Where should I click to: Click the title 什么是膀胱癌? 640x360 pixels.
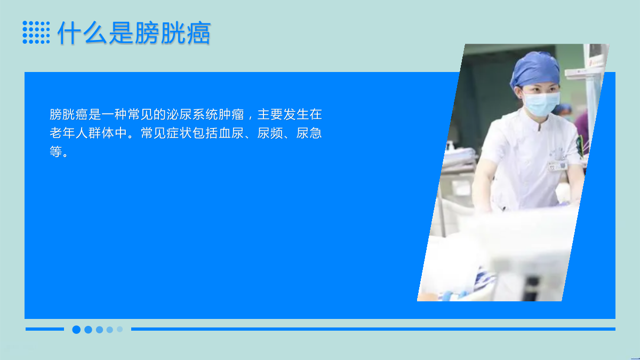pyautogui.click(x=134, y=33)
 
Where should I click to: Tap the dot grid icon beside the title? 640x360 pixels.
pyautogui.click(x=36, y=33)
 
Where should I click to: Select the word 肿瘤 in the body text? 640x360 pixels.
pyautogui.click(x=231, y=114)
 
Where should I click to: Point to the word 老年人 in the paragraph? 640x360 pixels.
pyautogui.click(x=69, y=133)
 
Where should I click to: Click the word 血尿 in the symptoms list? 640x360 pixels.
pyautogui.click(x=231, y=133)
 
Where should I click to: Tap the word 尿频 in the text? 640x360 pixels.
pyautogui.click(x=270, y=133)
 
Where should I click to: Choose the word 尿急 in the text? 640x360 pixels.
pyautogui.click(x=309, y=133)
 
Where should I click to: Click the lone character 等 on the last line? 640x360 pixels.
pyautogui.click(x=56, y=151)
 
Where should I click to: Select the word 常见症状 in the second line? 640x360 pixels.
pyautogui.click(x=166, y=133)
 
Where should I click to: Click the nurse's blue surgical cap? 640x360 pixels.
pyautogui.click(x=535, y=69)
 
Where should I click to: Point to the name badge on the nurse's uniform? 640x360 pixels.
pyautogui.click(x=557, y=166)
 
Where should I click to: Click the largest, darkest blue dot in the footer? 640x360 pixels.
pyautogui.click(x=76, y=330)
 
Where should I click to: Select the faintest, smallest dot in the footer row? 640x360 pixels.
pyautogui.click(x=119, y=329)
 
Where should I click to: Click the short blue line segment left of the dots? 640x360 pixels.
pyautogui.click(x=45, y=329)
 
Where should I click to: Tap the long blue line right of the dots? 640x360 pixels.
pyautogui.click(x=373, y=329)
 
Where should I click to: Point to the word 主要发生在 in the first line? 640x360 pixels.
pyautogui.click(x=290, y=114)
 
